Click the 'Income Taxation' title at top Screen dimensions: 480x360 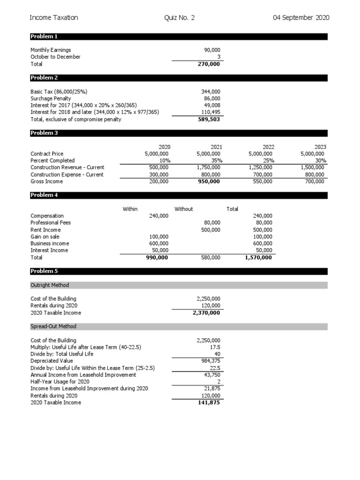(54, 18)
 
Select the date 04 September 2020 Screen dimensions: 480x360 (301, 18)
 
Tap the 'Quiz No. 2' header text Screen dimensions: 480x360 (180, 18)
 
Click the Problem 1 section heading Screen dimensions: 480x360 (44, 37)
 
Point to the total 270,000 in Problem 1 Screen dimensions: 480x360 (209, 64)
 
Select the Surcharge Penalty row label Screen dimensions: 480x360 (51, 99)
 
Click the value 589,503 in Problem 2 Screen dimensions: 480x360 (209, 120)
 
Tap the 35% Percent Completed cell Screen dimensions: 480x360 (215, 161)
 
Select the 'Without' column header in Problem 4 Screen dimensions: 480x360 (184, 209)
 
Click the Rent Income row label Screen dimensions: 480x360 (45, 230)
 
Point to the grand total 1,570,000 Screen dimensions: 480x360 (258, 257)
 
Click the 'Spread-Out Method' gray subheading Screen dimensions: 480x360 (53, 326)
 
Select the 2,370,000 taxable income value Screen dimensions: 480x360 (207, 313)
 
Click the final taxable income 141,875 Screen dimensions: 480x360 (209, 403)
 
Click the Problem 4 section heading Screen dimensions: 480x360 (44, 195)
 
